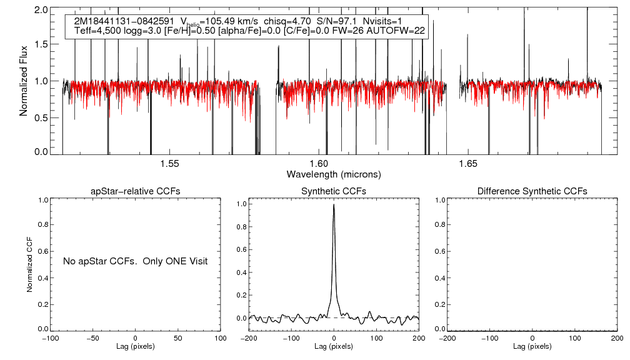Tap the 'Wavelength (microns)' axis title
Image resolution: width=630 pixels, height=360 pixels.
[x=334, y=173]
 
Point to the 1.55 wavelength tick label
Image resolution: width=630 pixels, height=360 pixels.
[x=169, y=164]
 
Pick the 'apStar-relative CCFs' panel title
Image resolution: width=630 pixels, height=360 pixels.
[x=136, y=191]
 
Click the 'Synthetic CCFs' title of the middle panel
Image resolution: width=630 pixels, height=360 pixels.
[x=334, y=191]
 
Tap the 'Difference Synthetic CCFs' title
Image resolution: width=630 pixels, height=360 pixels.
[x=532, y=191]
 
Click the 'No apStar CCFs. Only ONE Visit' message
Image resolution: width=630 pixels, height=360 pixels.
[x=135, y=261]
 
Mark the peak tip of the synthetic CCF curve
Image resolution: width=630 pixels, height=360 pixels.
[x=334, y=204]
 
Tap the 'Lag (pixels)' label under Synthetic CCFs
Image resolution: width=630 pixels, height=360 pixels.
[x=334, y=346]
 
